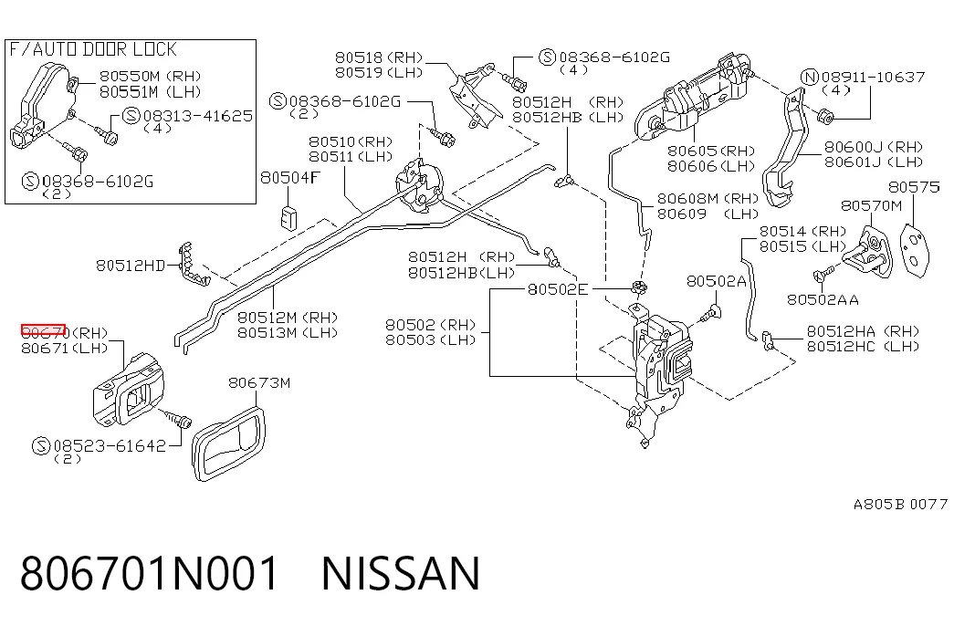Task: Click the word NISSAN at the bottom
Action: coord(401,573)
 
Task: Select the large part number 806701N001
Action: coord(150,573)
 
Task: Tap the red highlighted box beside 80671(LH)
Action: coord(43,330)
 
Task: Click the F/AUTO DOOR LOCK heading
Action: coord(92,49)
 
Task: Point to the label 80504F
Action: coord(289,178)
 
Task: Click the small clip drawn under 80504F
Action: coord(289,218)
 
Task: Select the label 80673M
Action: coord(259,382)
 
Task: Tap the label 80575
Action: coord(914,187)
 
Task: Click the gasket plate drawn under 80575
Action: coord(915,251)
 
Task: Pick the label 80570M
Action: coord(871,205)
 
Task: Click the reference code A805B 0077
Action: coord(900,504)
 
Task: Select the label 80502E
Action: coord(558,289)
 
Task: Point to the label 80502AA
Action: coord(823,299)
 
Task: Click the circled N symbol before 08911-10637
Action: coord(810,78)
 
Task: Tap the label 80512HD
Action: coord(131,266)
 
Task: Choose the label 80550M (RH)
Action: coord(151,76)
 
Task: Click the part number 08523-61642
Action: coord(110,446)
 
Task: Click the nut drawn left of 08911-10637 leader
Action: coord(825,116)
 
